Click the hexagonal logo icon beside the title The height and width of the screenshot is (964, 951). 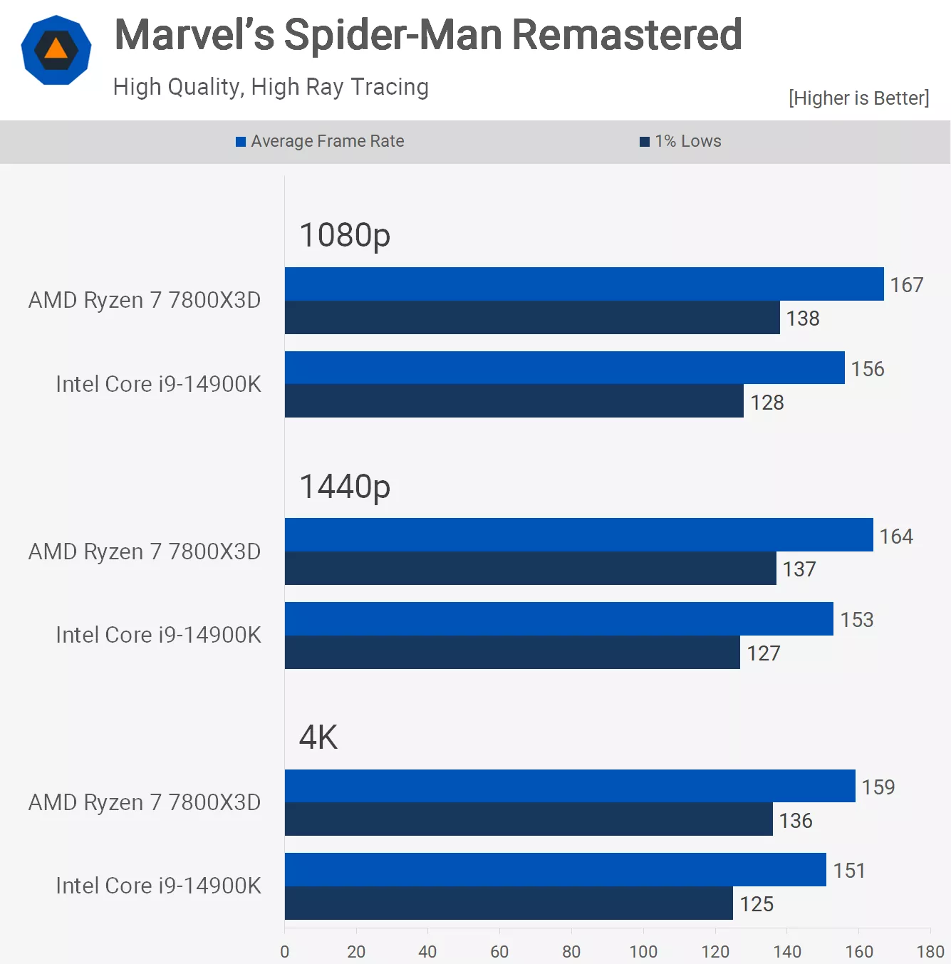tap(56, 50)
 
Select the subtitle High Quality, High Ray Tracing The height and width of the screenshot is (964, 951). tap(271, 87)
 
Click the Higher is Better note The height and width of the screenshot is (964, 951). tap(858, 98)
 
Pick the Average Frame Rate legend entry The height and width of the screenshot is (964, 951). tap(321, 141)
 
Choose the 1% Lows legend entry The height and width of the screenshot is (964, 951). tap(681, 141)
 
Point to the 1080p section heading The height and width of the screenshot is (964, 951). tap(345, 235)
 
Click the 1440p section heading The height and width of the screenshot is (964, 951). tap(345, 487)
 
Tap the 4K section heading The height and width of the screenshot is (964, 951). tap(318, 737)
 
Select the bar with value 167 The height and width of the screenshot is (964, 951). tap(584, 284)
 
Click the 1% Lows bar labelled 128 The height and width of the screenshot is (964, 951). tap(514, 401)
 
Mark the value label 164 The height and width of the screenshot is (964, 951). tap(895, 536)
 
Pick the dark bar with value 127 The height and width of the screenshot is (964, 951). tap(512, 652)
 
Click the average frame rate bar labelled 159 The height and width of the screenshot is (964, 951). tap(570, 786)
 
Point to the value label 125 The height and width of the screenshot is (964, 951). tap(757, 904)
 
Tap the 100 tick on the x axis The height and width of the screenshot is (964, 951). tap(643, 951)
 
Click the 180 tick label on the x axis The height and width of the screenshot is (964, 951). tap(930, 951)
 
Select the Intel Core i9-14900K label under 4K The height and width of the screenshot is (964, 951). tap(158, 886)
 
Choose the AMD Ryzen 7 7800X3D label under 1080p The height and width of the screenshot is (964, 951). tap(145, 300)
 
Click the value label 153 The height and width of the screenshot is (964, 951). tap(856, 620)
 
